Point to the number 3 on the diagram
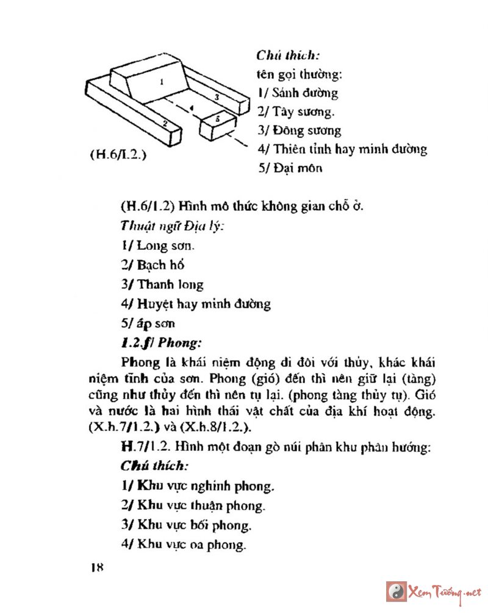coord(217,96)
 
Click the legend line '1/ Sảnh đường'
coord(297,93)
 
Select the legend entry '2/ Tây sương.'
coord(296,112)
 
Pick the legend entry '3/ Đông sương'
coord(299,130)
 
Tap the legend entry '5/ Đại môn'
coord(290,168)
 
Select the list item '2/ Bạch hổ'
coord(152,265)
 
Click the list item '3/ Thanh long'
coord(162,284)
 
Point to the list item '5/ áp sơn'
coord(148,322)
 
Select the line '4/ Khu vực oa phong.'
coord(183,544)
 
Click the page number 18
coord(96,567)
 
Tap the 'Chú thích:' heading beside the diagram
coord(286,57)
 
